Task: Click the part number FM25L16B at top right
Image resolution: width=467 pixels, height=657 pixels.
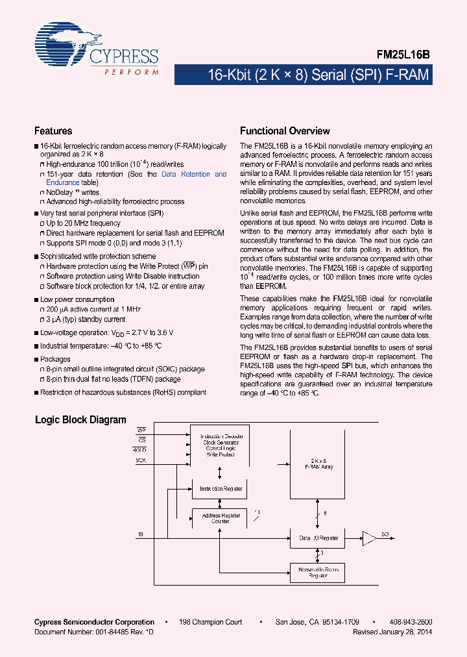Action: click(404, 56)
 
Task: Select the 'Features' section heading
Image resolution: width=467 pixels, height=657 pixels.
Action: click(53, 131)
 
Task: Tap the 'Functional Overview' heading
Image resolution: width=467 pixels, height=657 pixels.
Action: click(285, 131)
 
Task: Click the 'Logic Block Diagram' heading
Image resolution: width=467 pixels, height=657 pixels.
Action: click(80, 420)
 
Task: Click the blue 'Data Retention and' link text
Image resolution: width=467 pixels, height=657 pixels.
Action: click(194, 174)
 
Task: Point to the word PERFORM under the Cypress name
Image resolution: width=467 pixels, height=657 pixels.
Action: click(131, 72)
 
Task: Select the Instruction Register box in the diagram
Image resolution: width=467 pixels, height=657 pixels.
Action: click(221, 489)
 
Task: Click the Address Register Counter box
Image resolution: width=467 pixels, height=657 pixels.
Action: click(221, 518)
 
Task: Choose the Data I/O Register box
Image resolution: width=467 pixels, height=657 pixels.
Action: click(318, 538)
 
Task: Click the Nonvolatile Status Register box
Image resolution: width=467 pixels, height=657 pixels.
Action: click(318, 571)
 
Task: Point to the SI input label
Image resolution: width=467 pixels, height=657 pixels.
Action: click(139, 534)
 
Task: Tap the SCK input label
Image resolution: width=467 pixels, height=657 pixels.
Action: click(141, 460)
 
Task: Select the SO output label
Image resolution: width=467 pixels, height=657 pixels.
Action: click(385, 534)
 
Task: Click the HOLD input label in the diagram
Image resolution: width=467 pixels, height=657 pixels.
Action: click(140, 449)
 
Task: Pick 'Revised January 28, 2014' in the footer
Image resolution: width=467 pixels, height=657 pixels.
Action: click(392, 632)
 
